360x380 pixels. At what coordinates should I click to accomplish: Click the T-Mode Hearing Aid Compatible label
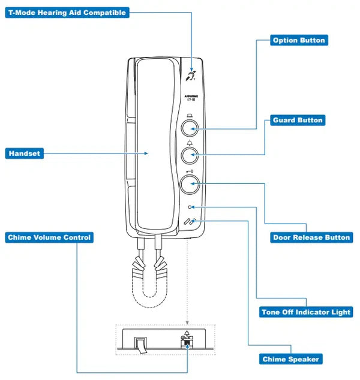tap(67, 13)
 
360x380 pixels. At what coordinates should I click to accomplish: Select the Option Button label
tap(298, 41)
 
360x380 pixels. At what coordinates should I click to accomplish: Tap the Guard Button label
tap(298, 120)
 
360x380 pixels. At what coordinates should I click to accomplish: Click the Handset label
tap(25, 154)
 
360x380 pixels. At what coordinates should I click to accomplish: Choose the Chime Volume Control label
tap(49, 237)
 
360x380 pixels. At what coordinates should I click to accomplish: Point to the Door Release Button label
tap(311, 237)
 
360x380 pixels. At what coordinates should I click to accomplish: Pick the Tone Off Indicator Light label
tap(306, 312)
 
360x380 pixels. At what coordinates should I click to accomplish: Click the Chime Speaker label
tap(291, 360)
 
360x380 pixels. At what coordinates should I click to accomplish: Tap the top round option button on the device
tap(190, 128)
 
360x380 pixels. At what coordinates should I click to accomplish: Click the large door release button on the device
tap(190, 185)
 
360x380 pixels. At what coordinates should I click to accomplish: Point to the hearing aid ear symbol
tap(191, 75)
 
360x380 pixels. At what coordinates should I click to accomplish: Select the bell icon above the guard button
tap(190, 143)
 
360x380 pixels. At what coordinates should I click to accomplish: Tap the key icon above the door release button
tap(190, 170)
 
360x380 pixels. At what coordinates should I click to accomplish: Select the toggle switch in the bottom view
tap(140, 346)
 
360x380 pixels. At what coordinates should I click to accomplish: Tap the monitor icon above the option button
tap(190, 115)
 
